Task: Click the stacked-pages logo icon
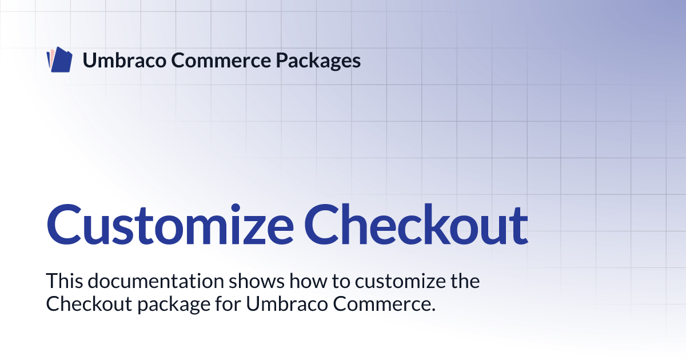tap(59, 59)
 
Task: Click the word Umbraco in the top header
tap(125, 60)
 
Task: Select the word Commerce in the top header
tap(221, 61)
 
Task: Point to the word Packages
tap(318, 61)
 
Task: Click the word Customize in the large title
tap(170, 225)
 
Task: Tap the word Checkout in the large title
tap(416, 225)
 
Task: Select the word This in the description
tap(64, 281)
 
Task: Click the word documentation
tap(156, 281)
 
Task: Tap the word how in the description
tap(308, 281)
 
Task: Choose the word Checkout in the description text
tap(89, 303)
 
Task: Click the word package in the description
tap(174, 305)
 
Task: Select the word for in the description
tap(228, 303)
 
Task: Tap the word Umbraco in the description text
tap(287, 303)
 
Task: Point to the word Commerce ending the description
tap(384, 303)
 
